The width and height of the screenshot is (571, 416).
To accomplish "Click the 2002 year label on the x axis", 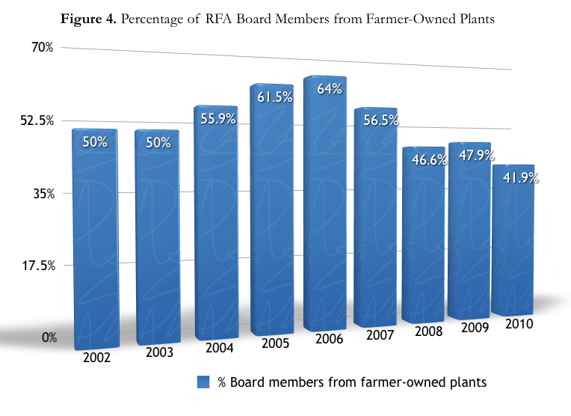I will click(x=97, y=357).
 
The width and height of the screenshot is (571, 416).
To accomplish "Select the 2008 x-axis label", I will click(x=425, y=331).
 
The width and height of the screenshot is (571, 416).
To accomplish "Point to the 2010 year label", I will click(x=519, y=324).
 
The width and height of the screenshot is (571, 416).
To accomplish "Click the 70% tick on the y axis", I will click(x=42, y=48).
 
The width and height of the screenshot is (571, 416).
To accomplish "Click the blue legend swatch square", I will click(x=203, y=382).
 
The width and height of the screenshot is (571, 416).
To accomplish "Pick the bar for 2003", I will click(x=157, y=239).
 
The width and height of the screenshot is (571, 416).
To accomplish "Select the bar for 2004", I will click(x=216, y=224).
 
